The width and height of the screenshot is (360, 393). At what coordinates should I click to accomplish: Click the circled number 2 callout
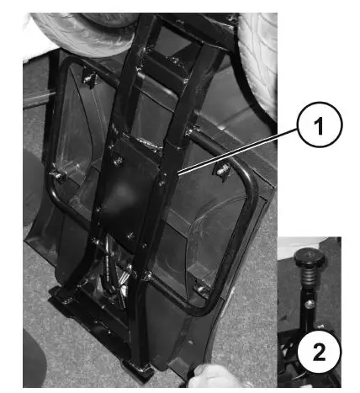pos(320,354)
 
